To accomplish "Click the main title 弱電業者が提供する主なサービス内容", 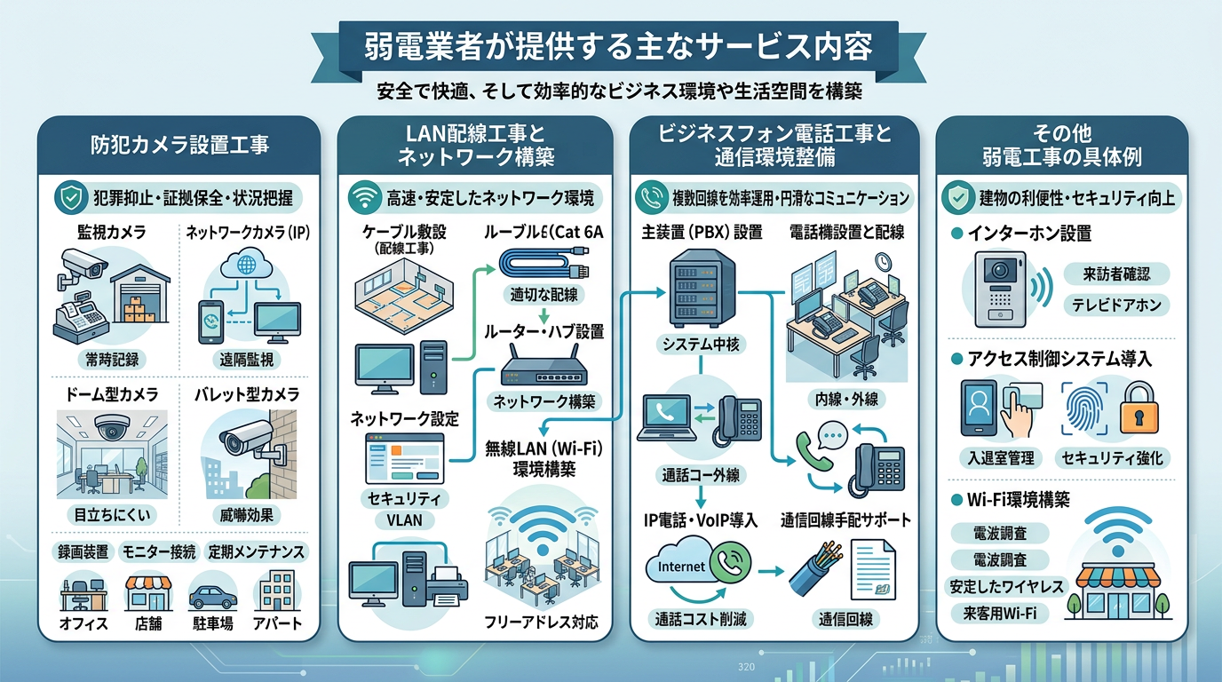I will (619, 47).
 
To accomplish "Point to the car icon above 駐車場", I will (213, 593).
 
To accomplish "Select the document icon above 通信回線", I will (872, 568).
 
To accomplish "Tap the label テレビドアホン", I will (1116, 305).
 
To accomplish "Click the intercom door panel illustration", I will (999, 289).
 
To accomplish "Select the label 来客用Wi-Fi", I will (999, 613).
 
